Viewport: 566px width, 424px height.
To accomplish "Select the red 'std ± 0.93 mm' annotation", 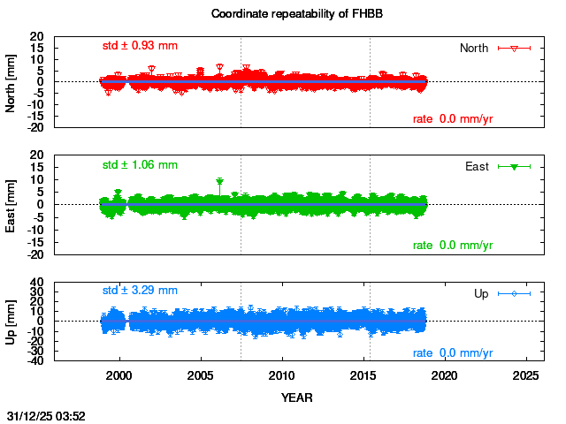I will point(140,45).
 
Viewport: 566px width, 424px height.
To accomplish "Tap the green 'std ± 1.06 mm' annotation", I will point(140,164).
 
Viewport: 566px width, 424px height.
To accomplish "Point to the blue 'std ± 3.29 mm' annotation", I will point(140,290).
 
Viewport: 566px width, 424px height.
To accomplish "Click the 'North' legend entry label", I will point(474,48).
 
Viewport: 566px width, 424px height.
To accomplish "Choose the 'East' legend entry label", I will point(477,166).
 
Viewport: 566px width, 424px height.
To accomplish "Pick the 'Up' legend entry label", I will point(481,293).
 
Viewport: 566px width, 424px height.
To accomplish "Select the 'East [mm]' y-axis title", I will point(11,205).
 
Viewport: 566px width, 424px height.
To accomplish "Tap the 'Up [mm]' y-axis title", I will point(11,322).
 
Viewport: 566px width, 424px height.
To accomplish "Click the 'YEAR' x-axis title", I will point(296,397).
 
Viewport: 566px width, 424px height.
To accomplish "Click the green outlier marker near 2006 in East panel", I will point(219,182).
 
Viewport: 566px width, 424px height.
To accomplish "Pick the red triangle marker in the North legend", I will point(514,48).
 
